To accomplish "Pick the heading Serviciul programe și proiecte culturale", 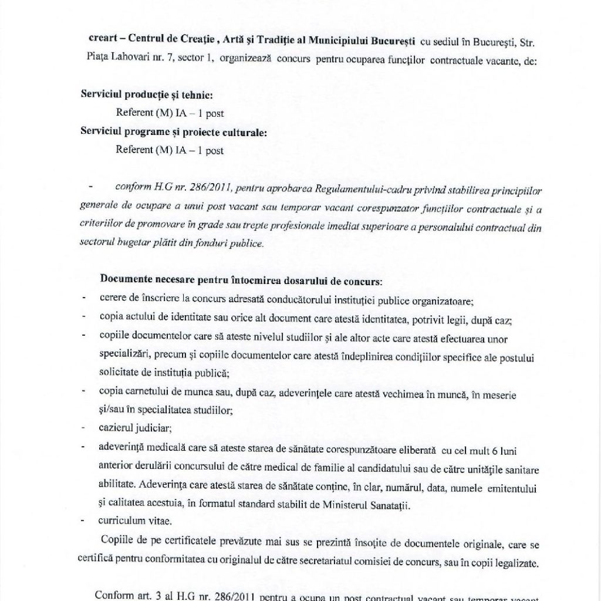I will click(173, 132).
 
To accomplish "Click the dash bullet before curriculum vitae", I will click(85, 520).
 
